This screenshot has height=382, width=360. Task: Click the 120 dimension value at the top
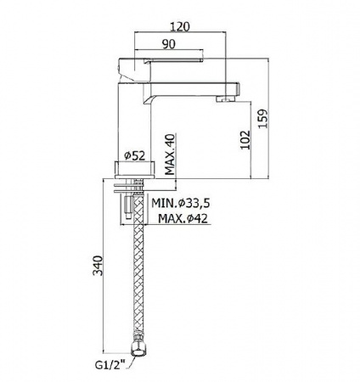click(180, 26)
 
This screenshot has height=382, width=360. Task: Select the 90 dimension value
click(169, 44)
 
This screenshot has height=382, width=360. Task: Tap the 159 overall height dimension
click(263, 118)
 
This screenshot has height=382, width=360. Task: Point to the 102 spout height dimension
click(245, 139)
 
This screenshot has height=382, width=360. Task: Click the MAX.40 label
click(170, 154)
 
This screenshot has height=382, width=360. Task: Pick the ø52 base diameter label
click(134, 155)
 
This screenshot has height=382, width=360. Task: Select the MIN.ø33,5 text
click(182, 203)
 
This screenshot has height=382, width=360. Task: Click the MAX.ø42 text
click(183, 218)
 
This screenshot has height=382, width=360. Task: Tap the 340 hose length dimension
click(98, 266)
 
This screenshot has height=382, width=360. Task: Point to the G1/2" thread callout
click(110, 365)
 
